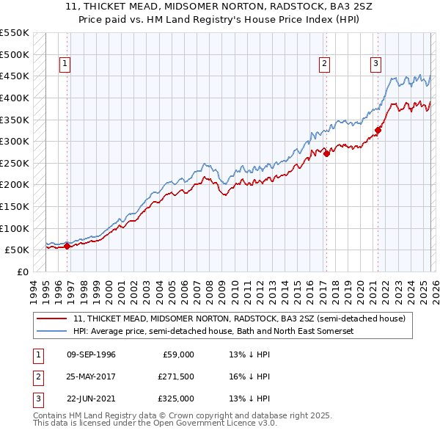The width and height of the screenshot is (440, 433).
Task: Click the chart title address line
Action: coord(219,8)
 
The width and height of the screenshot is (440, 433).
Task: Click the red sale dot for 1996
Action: coord(67,246)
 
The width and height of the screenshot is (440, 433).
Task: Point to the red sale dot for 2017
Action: coord(326,153)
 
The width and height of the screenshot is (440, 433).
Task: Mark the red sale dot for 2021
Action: coord(378,131)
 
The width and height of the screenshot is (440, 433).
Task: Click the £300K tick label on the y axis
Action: coord(15,141)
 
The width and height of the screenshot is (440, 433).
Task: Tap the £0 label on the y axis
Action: coord(23,272)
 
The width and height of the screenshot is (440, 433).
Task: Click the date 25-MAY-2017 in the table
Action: coord(91,376)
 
